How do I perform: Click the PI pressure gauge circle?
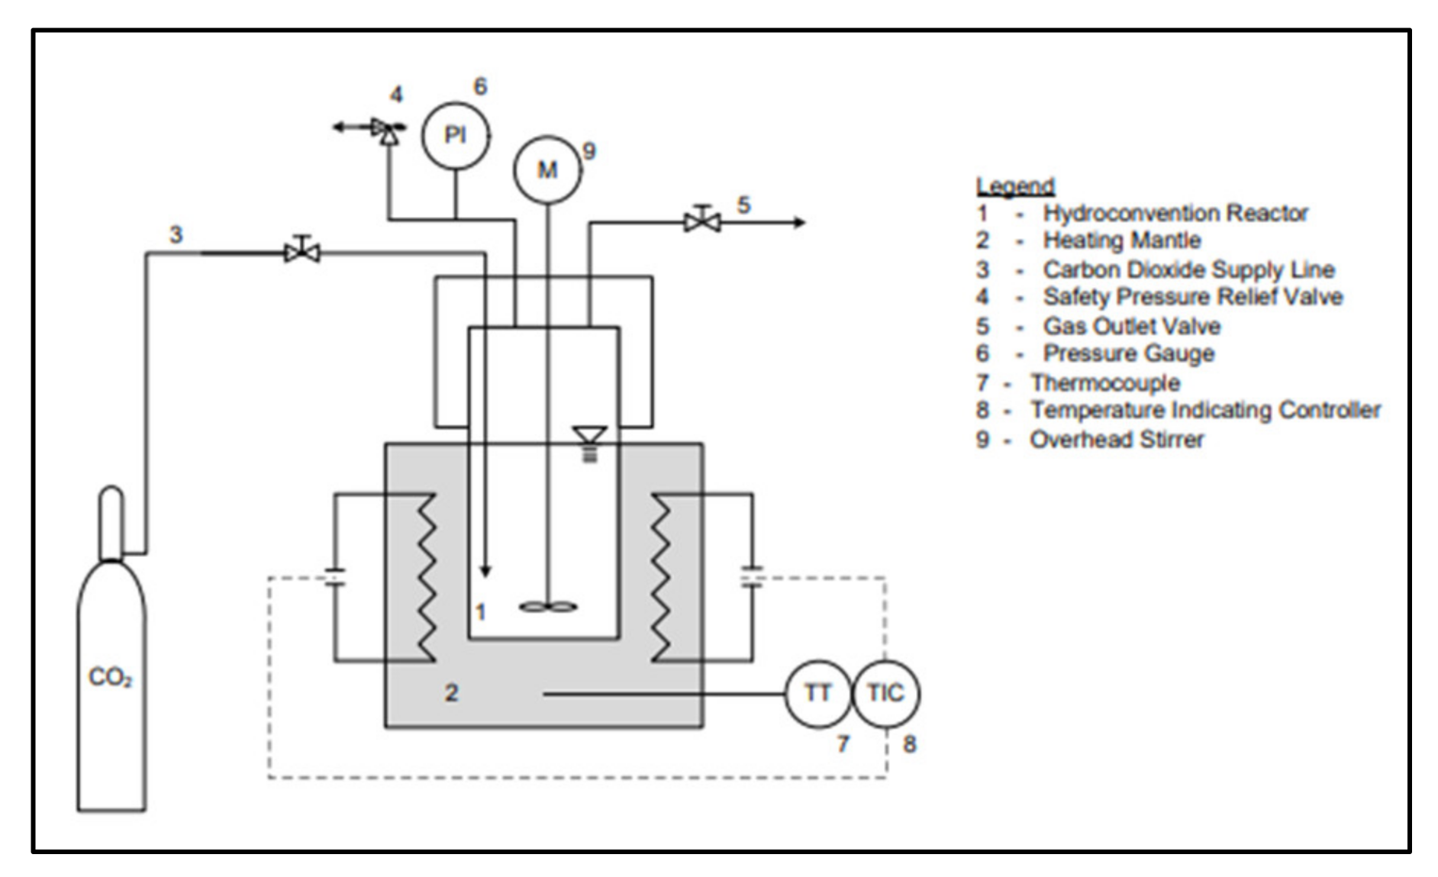(456, 135)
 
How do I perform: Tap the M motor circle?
(547, 169)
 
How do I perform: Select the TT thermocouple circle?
(817, 693)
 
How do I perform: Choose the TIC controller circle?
(885, 693)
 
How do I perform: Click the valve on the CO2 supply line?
(302, 251)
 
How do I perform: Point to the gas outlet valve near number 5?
(701, 221)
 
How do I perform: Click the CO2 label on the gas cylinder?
(110, 677)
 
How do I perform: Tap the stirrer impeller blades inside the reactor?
(547, 607)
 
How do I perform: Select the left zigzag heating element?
(424, 577)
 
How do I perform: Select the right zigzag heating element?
(662, 577)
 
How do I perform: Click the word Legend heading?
(1014, 185)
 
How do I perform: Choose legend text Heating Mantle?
(1121, 240)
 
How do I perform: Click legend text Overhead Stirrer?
(1116, 440)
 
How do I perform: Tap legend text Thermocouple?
(1104, 382)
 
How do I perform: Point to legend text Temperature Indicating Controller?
(1205, 411)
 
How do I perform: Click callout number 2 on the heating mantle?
(451, 693)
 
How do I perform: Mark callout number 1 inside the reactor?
(480, 611)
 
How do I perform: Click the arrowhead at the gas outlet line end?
(799, 222)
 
